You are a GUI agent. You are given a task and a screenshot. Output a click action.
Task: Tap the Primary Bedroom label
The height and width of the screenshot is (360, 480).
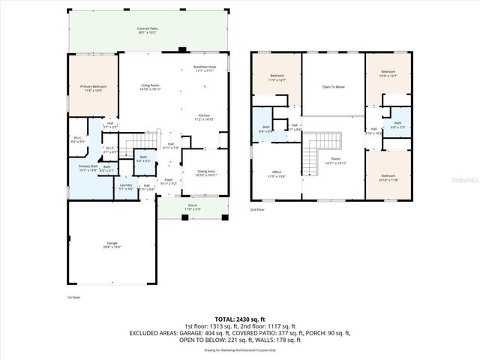[x=94, y=88]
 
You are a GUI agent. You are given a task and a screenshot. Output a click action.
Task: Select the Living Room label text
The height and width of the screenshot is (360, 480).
[x=151, y=87]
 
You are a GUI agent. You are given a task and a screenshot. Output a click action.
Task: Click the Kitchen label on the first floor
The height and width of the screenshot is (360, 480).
[x=205, y=117]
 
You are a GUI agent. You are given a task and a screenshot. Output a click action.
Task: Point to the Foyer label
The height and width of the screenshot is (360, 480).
[x=169, y=181]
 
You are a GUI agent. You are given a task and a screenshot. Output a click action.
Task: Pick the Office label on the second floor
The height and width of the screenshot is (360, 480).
[x=277, y=174]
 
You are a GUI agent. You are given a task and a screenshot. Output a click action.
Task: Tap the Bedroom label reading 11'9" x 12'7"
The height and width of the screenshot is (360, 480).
[x=277, y=77]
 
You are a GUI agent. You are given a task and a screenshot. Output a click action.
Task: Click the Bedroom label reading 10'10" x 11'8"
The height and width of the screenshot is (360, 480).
[x=388, y=178]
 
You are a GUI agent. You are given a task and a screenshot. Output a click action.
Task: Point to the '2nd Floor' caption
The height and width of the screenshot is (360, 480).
[x=258, y=209]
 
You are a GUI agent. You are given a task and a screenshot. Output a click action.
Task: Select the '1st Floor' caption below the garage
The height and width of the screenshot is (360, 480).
[x=73, y=297]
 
